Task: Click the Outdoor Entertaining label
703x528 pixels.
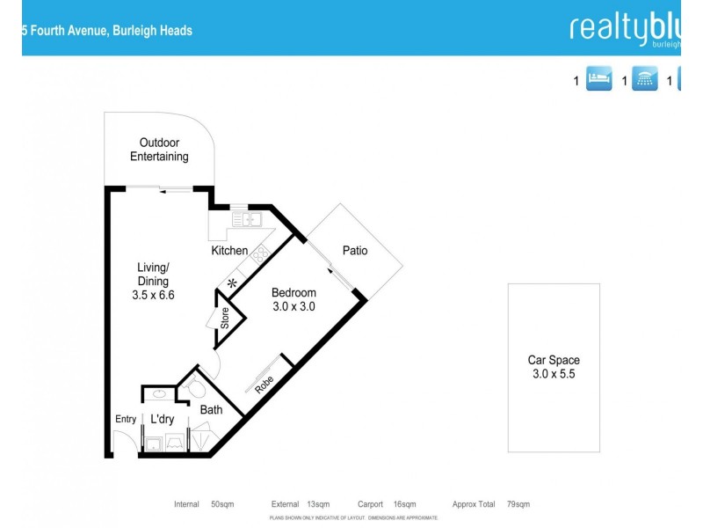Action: point(159,150)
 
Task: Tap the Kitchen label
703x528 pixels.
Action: point(229,251)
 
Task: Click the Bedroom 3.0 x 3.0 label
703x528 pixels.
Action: point(293,300)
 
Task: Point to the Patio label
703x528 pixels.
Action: point(355,251)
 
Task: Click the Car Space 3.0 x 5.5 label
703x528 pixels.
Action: point(554,367)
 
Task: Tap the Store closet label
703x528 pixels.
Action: point(225,317)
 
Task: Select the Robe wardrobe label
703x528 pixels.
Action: point(263,385)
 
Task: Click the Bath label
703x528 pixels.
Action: point(211,409)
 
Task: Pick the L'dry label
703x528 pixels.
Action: point(162,419)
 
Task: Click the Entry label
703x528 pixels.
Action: point(126,420)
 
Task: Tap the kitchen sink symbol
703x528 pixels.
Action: point(245,220)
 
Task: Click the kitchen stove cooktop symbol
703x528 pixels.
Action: point(261,256)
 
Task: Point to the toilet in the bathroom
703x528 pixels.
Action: point(196,388)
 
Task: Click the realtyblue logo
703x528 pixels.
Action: point(624,28)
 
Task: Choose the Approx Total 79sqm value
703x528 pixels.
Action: point(518,504)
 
